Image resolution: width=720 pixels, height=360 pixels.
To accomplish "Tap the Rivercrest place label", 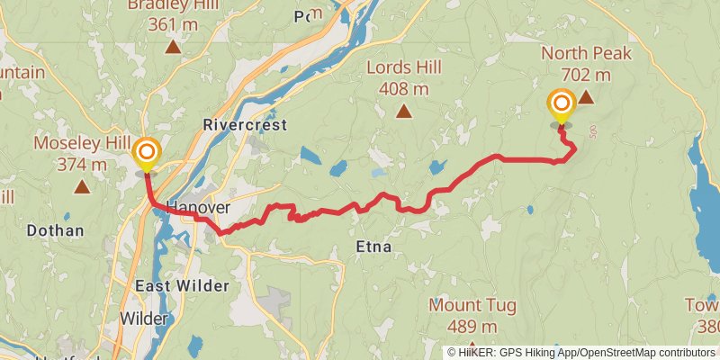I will coord(245,125).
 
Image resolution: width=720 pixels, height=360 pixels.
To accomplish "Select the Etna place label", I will coord(373,245).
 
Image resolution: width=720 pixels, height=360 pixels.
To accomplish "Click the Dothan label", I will coord(55,230).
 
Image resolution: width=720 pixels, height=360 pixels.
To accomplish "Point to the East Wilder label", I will coord(182,286).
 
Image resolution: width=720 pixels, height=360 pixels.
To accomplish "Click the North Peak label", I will coord(586,53).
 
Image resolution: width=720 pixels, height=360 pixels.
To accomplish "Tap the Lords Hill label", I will coord(404,67).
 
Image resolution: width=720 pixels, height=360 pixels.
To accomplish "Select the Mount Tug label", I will coord(472,305).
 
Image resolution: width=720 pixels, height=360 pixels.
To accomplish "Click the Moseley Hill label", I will coord(82,143).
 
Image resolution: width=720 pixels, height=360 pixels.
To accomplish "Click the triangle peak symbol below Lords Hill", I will coord(404,112).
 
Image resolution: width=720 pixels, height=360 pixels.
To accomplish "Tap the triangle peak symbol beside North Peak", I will coord(586,97).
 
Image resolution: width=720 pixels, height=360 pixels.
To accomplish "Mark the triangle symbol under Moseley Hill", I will coord(82,187).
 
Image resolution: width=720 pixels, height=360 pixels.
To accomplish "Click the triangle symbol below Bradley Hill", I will coord(171,43).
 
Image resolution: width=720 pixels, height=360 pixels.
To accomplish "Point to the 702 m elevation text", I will coord(585,75).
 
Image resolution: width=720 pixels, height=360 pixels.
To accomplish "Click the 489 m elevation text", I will coord(472,327).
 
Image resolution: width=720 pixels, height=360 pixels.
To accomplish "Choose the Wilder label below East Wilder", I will coord(144,319).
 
